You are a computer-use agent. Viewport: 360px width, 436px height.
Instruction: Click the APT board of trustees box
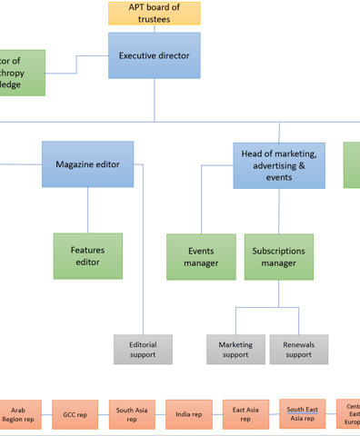click(154, 13)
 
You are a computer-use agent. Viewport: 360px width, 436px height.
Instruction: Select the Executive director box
click(154, 55)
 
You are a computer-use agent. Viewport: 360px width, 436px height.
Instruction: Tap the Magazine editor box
click(87, 164)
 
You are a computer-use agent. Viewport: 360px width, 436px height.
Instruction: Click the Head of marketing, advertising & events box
click(278, 165)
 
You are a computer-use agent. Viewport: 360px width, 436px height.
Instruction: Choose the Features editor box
click(87, 256)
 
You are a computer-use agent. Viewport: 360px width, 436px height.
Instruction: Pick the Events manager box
click(201, 257)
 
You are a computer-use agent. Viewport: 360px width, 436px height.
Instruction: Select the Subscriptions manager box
click(278, 257)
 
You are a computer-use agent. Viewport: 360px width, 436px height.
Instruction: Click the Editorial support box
click(143, 350)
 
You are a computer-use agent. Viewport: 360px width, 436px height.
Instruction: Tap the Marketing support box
click(235, 350)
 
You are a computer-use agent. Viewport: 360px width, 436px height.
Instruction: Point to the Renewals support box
click(298, 350)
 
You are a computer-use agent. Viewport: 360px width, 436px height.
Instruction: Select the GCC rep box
click(75, 415)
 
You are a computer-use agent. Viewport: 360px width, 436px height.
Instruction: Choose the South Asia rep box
click(132, 415)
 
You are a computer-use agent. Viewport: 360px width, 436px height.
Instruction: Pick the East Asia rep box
click(245, 415)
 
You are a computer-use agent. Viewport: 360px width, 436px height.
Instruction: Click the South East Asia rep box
click(302, 413)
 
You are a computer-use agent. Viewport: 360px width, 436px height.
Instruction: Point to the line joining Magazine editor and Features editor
click(87, 210)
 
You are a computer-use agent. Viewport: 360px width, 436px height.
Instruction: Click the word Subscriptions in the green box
click(278, 251)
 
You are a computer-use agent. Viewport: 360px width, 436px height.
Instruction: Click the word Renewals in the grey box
click(298, 344)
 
